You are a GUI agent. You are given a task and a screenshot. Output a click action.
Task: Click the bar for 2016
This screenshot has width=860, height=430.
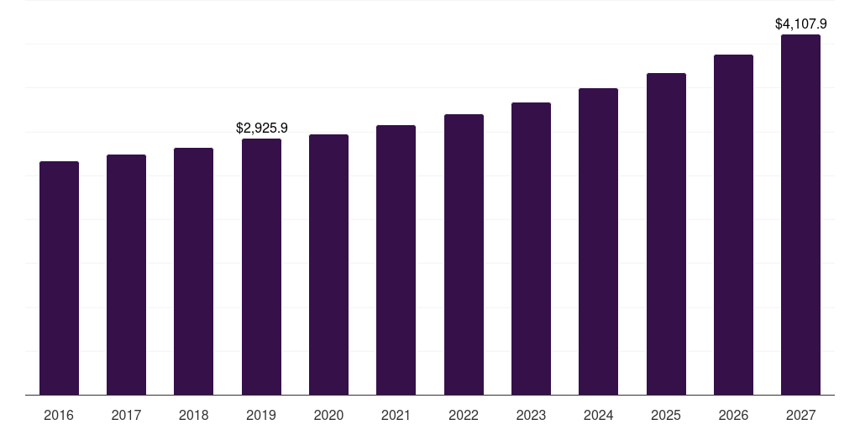pyautogui.click(x=59, y=278)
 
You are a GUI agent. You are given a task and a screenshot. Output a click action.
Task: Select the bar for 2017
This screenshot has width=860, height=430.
pyautogui.click(x=126, y=275)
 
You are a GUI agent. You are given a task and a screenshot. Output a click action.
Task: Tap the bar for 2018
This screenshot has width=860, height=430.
pyautogui.click(x=193, y=271)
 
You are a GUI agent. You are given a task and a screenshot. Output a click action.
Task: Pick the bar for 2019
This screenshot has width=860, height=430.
pyautogui.click(x=261, y=267)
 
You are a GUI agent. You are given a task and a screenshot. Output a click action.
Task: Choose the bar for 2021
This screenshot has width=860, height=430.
pyautogui.click(x=396, y=260)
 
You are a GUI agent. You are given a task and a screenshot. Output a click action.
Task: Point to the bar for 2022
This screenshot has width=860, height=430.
pyautogui.click(x=464, y=254)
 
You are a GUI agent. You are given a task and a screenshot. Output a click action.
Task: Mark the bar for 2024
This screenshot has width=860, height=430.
pyautogui.click(x=598, y=242)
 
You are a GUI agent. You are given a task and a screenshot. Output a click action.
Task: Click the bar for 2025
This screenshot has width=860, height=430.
pyautogui.click(x=666, y=234)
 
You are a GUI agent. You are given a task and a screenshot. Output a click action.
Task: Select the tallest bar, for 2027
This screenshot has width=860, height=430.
pyautogui.click(x=800, y=215)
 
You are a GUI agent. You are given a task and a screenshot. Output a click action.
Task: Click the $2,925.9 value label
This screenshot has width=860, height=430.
pyautogui.click(x=261, y=128)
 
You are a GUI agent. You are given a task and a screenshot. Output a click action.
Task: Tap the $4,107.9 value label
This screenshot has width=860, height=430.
pyautogui.click(x=800, y=24)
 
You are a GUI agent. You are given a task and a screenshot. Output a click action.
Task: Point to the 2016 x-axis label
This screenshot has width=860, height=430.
pyautogui.click(x=59, y=416)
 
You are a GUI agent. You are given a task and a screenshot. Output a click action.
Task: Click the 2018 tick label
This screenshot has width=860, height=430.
pyautogui.click(x=193, y=416)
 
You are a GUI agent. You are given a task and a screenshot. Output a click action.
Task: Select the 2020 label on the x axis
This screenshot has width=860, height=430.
pyautogui.click(x=328, y=416)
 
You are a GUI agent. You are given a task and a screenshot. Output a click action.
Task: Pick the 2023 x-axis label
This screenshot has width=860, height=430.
pyautogui.click(x=531, y=416)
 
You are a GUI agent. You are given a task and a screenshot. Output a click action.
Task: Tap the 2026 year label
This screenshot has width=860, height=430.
pyautogui.click(x=733, y=416)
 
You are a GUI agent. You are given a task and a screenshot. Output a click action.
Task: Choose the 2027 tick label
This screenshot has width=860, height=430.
pyautogui.click(x=800, y=416)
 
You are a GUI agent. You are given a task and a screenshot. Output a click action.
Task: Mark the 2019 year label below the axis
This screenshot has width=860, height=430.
pyautogui.click(x=261, y=416)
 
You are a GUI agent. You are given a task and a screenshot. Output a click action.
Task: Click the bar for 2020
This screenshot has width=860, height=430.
pyautogui.click(x=328, y=265)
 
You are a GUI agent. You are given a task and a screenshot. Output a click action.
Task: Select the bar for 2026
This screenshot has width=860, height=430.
pyautogui.click(x=733, y=225)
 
